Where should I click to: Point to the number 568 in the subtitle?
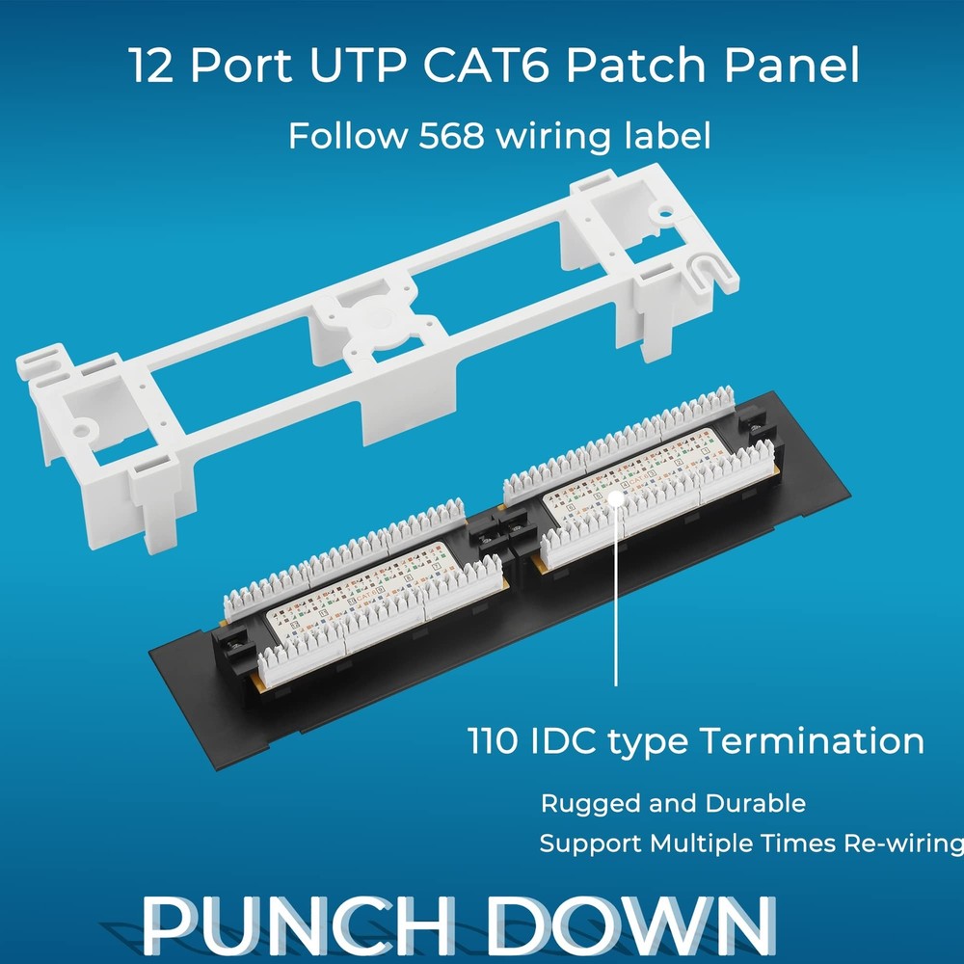click(451, 136)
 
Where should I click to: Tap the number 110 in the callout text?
click(495, 741)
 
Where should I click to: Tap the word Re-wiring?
click(902, 845)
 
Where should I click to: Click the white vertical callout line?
click(616, 598)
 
